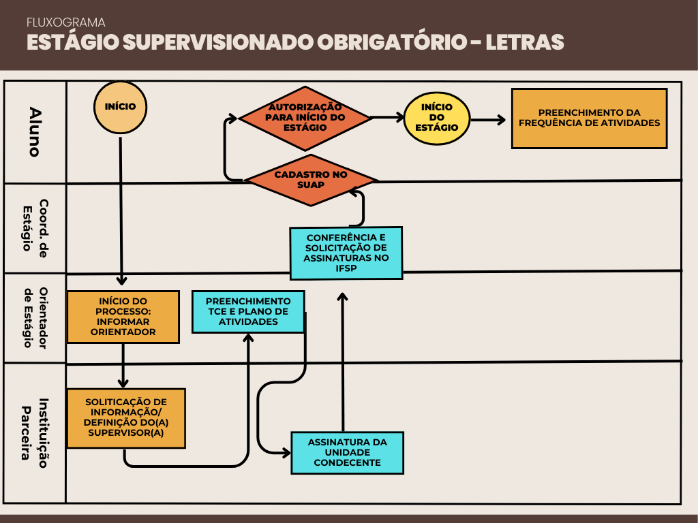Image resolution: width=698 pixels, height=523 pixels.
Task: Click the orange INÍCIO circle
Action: click(120, 108)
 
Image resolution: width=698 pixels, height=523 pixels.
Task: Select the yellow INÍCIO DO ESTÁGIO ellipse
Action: click(436, 118)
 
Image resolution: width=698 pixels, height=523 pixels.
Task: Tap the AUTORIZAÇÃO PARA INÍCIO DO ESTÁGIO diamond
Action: click(305, 117)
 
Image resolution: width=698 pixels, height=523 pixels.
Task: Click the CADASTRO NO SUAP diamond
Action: click(311, 180)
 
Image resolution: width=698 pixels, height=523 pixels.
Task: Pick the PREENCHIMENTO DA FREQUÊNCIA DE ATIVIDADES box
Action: click(589, 118)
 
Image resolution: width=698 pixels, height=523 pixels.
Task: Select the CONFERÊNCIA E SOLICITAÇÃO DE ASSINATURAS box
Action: click(346, 253)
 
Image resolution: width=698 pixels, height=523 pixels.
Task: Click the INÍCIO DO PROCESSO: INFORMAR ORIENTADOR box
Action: click(123, 317)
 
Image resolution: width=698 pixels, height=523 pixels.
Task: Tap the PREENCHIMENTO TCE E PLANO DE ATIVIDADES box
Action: click(248, 311)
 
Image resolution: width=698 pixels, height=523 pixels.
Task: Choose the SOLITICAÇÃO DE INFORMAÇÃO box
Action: click(126, 418)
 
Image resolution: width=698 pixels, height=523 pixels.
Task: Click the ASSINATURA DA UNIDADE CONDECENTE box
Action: click(347, 452)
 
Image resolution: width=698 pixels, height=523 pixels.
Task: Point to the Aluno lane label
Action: click(35, 131)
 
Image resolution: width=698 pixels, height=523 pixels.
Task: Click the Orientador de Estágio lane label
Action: click(35, 318)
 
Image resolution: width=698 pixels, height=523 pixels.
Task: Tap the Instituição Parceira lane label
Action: click(35, 432)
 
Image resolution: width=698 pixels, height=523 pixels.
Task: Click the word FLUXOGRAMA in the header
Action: click(65, 22)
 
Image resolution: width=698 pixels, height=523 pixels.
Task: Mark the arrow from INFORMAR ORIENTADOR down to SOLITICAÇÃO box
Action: click(123, 366)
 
